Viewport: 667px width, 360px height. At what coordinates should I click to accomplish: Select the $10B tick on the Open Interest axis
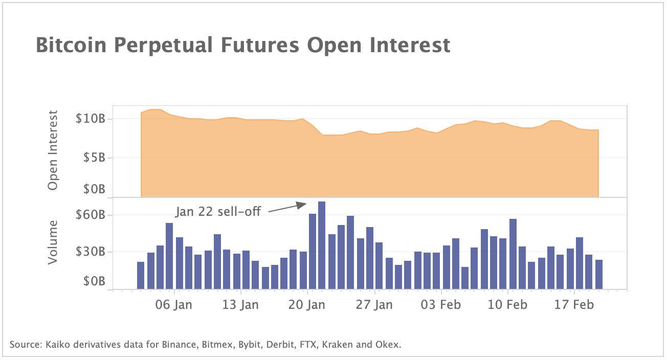tap(90, 119)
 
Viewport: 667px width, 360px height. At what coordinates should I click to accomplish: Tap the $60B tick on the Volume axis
tap(90, 215)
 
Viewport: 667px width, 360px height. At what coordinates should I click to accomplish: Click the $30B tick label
tap(90, 252)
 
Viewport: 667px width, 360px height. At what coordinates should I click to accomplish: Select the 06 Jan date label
tap(174, 305)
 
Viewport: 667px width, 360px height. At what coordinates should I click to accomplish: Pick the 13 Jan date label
tap(240, 305)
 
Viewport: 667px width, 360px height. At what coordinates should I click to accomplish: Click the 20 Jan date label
tap(307, 305)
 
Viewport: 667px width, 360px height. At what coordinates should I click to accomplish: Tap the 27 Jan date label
tap(375, 305)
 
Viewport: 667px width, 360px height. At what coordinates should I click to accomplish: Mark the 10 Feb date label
tap(508, 305)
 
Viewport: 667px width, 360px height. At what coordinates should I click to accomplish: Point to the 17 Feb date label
tap(575, 305)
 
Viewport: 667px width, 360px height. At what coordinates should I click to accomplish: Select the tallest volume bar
tap(322, 245)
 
